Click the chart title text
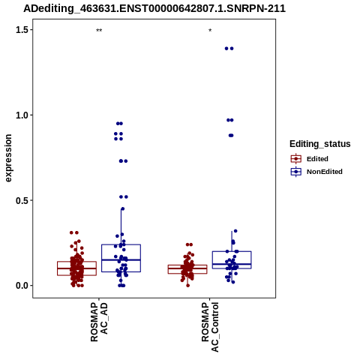click(154, 9)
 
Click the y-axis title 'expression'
click(8, 158)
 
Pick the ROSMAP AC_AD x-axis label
click(99, 322)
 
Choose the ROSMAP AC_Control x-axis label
click(210, 327)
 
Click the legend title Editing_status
click(320, 144)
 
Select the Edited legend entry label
click(317, 159)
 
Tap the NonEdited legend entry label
click(325, 172)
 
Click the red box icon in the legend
click(296, 159)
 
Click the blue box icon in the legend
click(296, 172)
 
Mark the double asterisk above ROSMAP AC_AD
click(99, 31)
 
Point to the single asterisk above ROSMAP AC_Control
click(210, 31)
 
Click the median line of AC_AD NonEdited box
click(121, 260)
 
